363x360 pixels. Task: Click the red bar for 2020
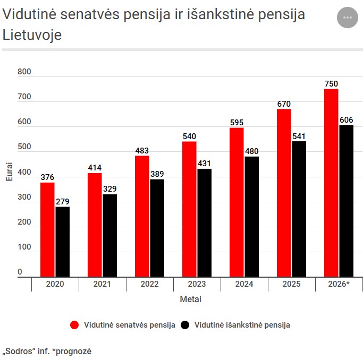point(47,229)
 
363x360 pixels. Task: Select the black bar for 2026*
point(346,201)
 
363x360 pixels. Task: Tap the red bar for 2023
point(189,209)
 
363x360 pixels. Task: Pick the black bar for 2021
point(109,235)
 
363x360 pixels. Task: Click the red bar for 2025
point(284,193)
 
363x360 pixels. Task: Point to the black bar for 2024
point(251,216)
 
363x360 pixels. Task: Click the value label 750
point(331,83)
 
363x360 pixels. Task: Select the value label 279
point(62,201)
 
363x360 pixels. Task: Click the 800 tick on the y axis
point(24,72)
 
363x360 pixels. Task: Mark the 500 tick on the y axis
point(24,148)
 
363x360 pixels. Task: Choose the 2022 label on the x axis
point(149,284)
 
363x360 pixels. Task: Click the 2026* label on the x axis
point(338,284)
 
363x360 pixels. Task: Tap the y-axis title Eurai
point(9,172)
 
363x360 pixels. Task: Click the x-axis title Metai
point(190,299)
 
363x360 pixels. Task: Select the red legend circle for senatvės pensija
point(74,325)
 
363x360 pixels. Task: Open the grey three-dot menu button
point(348,18)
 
